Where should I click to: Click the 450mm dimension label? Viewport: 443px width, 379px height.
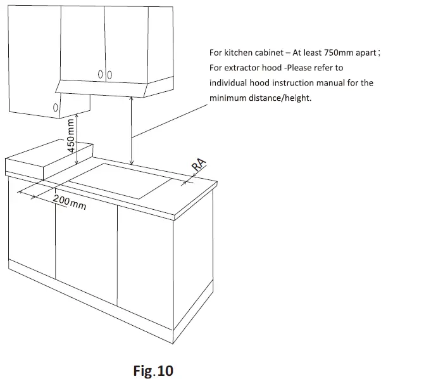(x=72, y=136)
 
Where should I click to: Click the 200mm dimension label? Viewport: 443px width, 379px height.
(x=70, y=202)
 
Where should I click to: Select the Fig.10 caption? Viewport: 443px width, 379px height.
(x=153, y=370)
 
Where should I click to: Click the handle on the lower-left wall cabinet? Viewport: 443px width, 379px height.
(x=56, y=108)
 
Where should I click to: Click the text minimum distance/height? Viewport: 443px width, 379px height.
(x=260, y=98)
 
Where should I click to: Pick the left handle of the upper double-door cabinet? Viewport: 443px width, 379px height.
(x=101, y=75)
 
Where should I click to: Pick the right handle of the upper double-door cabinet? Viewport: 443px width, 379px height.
(x=109, y=75)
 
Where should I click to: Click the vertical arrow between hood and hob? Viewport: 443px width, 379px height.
(x=132, y=130)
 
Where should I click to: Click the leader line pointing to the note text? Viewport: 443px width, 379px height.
(x=171, y=120)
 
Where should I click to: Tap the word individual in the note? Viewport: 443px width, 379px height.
(x=230, y=83)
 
